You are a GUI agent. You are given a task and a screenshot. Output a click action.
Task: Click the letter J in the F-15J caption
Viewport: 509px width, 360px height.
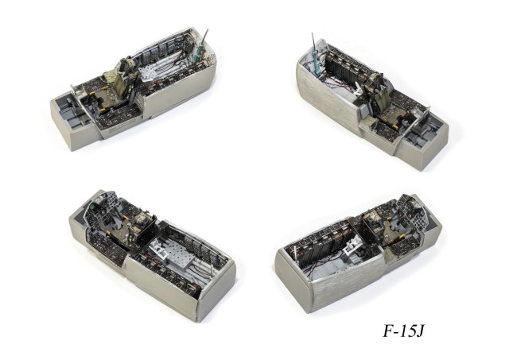coord(419,331)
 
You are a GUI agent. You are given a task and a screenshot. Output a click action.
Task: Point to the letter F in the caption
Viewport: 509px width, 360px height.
coord(388,331)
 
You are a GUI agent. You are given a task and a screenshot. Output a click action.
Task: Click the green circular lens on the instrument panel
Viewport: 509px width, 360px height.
coord(93,206)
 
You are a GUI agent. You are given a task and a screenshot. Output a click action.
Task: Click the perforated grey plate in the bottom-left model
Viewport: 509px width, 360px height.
coord(178,252)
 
